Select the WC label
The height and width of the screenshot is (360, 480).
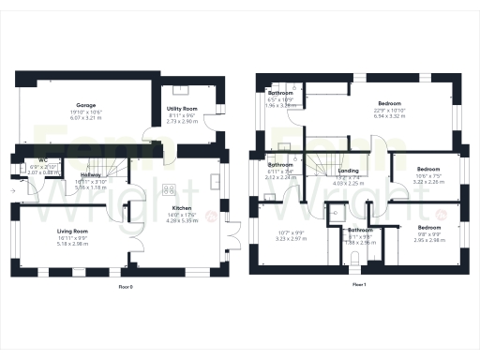(43, 159)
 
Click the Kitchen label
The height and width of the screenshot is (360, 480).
(182, 209)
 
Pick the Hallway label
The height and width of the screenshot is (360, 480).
(91, 175)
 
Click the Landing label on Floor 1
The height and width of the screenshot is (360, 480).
(348, 172)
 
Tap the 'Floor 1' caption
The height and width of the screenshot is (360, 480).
(358, 284)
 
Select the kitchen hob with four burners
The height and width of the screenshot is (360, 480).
(170, 187)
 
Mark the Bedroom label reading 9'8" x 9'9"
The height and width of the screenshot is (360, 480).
(429, 228)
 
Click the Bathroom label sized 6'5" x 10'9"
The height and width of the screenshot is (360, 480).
(281, 94)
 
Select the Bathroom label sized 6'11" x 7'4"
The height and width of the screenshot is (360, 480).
(280, 165)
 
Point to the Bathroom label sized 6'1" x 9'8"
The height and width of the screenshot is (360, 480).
(361, 230)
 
